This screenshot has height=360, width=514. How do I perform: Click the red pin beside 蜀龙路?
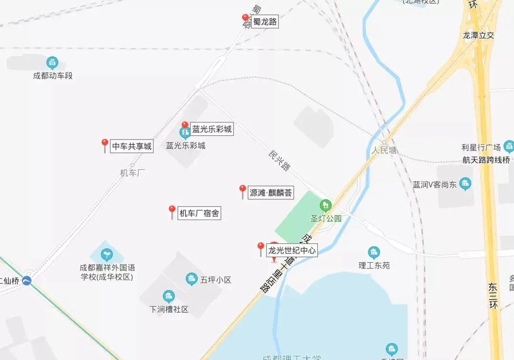(x=246, y=20)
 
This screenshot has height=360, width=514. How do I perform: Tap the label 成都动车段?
(x=53, y=76)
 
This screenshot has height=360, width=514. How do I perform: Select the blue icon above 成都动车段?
(x=52, y=62)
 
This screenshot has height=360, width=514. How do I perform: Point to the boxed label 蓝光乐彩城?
(x=212, y=129)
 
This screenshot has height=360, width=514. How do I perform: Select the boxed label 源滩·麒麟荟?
(x=271, y=193)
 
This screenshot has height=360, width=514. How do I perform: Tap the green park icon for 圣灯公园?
(x=326, y=205)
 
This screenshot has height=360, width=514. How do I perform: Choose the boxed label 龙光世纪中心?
(x=292, y=250)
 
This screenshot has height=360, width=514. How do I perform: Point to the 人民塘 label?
(x=384, y=150)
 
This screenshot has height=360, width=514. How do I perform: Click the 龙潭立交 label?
(x=479, y=35)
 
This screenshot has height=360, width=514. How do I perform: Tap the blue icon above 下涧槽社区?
(x=168, y=296)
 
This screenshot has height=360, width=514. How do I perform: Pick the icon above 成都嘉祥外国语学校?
(x=108, y=255)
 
